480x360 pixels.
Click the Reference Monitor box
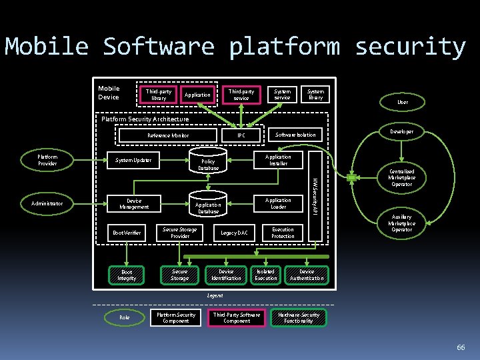[x=168, y=135]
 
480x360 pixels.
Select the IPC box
[x=241, y=135]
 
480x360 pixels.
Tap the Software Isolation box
[x=295, y=135]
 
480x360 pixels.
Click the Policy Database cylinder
[x=208, y=162]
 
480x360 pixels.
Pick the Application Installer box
[x=278, y=160]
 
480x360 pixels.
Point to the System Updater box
[x=133, y=160]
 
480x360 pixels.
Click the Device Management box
[x=134, y=203]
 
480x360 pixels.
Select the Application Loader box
[x=278, y=203]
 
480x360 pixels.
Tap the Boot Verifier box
[x=127, y=233]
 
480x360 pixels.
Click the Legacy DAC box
[x=234, y=233]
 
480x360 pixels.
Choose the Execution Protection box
[x=283, y=233]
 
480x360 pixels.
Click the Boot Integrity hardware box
[x=127, y=275]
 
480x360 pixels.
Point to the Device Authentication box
[x=307, y=275]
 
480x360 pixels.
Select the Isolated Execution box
[x=265, y=275]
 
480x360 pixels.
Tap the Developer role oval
[x=401, y=131]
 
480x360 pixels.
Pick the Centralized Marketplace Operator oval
[x=401, y=177]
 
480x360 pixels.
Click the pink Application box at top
[x=197, y=95]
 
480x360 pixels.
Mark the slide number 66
[x=460, y=347]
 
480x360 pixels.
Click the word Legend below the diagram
[x=215, y=295]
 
